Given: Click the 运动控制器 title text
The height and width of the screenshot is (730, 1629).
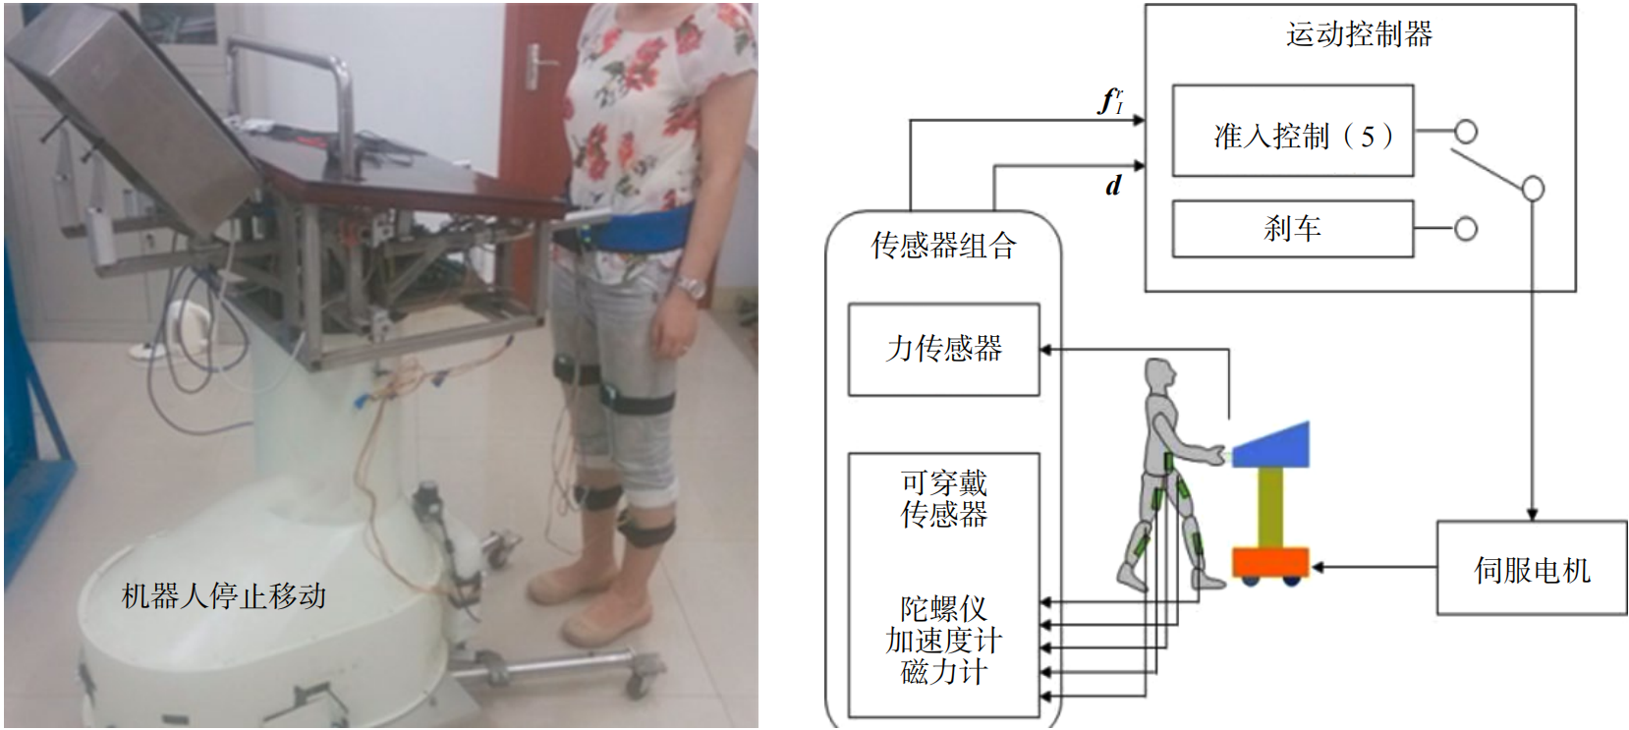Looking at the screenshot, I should (1359, 35).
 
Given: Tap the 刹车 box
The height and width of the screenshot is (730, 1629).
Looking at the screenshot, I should (1292, 229).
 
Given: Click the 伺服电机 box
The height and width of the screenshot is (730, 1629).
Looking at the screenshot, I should (1531, 569).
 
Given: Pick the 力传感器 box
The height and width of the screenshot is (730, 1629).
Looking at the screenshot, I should (943, 349).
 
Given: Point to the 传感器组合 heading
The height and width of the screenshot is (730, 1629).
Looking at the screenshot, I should (943, 246).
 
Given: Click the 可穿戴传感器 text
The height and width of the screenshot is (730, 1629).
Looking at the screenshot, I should (943, 498).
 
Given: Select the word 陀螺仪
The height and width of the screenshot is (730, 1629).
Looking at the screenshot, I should (943, 608).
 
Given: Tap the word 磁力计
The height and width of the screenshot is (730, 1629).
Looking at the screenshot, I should (943, 673).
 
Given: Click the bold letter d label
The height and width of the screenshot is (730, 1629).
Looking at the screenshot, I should (1113, 186).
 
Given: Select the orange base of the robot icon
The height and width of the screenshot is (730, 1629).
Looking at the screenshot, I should (1270, 562).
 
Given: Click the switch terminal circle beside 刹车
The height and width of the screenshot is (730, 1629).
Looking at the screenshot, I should (1465, 229).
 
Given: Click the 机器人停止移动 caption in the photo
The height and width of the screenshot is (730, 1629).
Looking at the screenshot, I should (224, 595).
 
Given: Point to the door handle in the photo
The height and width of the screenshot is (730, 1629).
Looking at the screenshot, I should (534, 65).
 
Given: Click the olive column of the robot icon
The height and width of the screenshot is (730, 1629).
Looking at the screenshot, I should (1270, 507).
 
